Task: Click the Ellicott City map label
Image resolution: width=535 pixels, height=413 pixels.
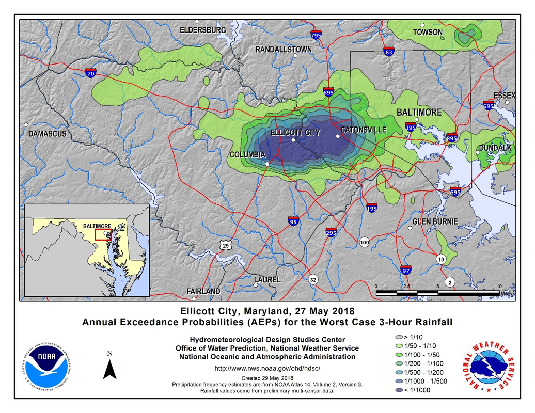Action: (x=295, y=133)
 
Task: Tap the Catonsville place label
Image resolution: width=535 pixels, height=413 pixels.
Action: (x=364, y=130)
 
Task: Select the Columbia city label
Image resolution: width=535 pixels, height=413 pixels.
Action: (x=247, y=155)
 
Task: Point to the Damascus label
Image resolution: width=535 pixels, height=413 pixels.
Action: (x=47, y=134)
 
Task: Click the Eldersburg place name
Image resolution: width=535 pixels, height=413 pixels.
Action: (x=202, y=30)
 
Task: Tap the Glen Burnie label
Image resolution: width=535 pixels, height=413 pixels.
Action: (x=435, y=222)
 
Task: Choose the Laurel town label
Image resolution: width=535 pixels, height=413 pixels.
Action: (x=267, y=280)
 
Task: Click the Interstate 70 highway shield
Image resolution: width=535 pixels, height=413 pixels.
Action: (x=91, y=73)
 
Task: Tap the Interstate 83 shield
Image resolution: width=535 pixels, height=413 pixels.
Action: (x=389, y=52)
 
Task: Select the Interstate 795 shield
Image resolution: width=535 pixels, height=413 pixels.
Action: (x=317, y=35)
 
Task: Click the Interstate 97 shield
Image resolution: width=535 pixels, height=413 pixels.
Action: (x=406, y=269)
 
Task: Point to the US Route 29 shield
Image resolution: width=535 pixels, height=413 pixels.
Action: (x=225, y=246)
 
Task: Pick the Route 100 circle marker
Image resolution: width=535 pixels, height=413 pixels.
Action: (x=365, y=242)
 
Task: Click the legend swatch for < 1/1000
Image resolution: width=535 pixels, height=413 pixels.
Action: (x=398, y=390)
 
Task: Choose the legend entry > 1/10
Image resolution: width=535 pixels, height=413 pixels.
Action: (x=398, y=337)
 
